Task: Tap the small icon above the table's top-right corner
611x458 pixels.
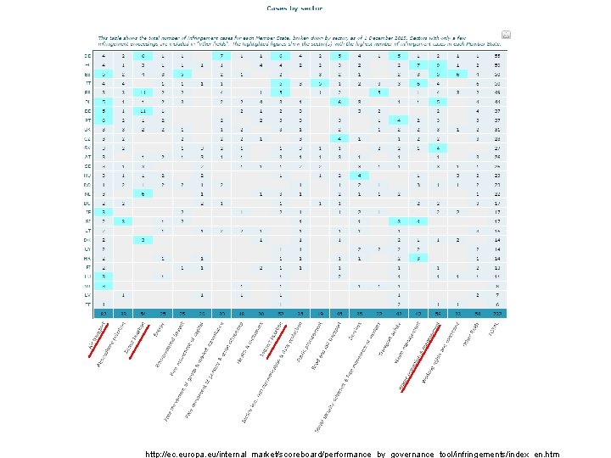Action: (x=507, y=35)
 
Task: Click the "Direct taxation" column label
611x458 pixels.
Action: (x=136, y=338)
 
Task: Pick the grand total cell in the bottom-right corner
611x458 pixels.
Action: (x=500, y=314)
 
